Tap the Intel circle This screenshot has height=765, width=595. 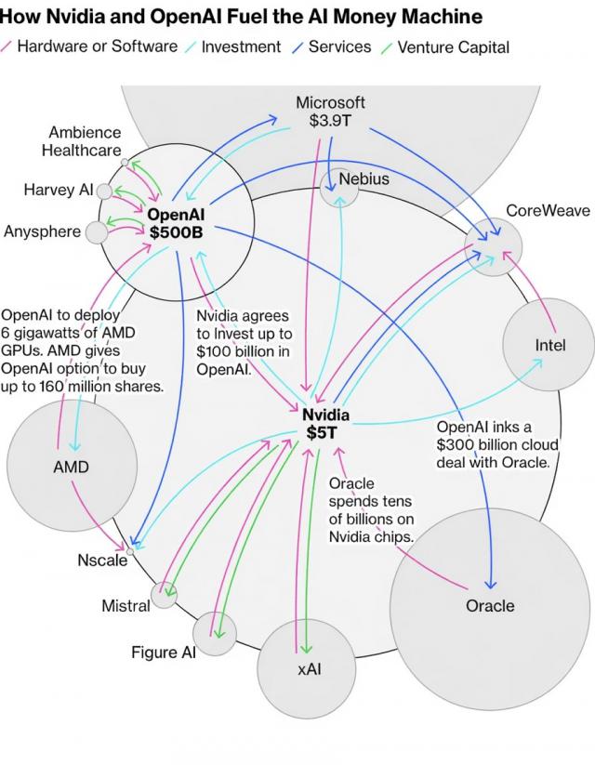point(549,345)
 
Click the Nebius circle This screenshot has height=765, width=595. point(338,187)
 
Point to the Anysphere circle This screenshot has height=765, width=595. point(97,231)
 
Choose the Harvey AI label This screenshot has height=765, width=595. point(58,191)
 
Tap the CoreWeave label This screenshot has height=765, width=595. point(548,211)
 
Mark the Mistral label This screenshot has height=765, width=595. point(126,606)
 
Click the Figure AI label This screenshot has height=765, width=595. point(163,653)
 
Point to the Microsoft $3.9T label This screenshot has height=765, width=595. point(330,112)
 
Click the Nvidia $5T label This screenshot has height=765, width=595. point(325,423)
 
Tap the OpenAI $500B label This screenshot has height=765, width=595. point(175,223)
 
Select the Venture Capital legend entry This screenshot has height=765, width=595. point(453,46)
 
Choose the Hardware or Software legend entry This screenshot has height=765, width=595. point(97,46)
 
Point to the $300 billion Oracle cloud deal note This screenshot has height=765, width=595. point(497,443)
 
